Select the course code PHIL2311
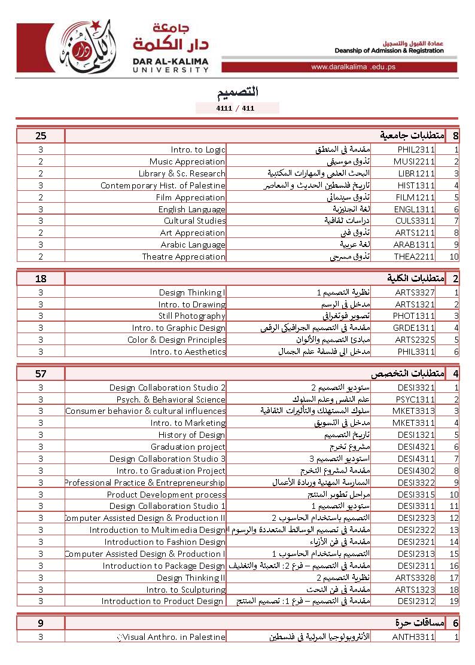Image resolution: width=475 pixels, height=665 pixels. click(x=415, y=150)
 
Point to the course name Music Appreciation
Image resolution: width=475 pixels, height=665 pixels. click(x=187, y=161)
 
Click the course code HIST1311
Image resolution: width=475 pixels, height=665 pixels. click(x=415, y=185)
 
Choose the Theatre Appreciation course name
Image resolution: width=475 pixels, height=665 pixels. click(x=184, y=257)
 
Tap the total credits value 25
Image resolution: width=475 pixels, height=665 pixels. click(x=41, y=136)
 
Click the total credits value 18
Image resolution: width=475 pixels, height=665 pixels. click(x=41, y=279)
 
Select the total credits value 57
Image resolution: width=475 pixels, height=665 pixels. click(x=41, y=374)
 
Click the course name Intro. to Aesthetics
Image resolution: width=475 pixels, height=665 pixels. click(x=188, y=352)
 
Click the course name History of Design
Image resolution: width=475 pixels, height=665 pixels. click(x=191, y=435)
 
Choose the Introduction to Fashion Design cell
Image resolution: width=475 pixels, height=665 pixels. click(x=165, y=542)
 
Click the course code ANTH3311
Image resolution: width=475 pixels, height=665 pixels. click(x=413, y=637)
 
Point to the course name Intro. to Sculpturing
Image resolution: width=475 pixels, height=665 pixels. click(x=186, y=590)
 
